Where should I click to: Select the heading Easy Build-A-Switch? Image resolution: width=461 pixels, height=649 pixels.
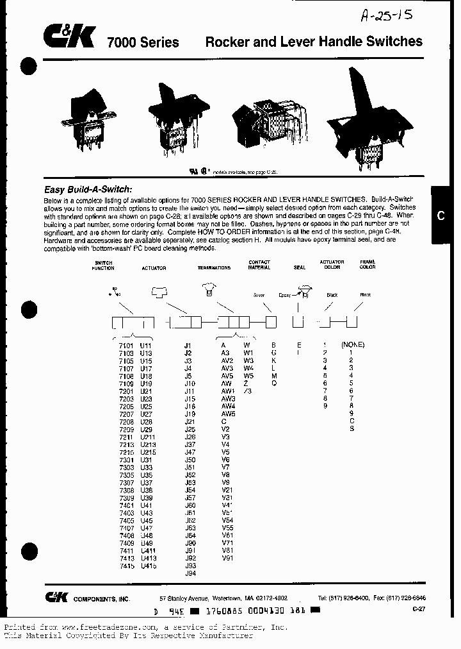(x=88, y=189)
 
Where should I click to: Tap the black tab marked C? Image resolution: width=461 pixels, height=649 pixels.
(x=440, y=215)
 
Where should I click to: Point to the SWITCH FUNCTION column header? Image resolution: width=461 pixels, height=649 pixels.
(x=104, y=265)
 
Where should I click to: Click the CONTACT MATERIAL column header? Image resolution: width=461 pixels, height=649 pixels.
(x=259, y=265)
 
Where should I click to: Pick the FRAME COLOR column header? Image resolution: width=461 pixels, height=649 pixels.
(x=368, y=264)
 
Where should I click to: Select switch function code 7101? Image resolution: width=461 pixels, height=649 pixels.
(x=126, y=345)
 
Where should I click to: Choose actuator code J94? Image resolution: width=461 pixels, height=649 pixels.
(x=190, y=573)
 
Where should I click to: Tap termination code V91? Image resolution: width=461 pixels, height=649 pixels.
(x=227, y=558)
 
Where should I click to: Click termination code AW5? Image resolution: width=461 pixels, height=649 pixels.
(x=229, y=414)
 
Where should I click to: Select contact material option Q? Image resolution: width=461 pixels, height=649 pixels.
(x=273, y=383)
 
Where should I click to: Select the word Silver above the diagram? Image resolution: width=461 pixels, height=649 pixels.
(x=259, y=295)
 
